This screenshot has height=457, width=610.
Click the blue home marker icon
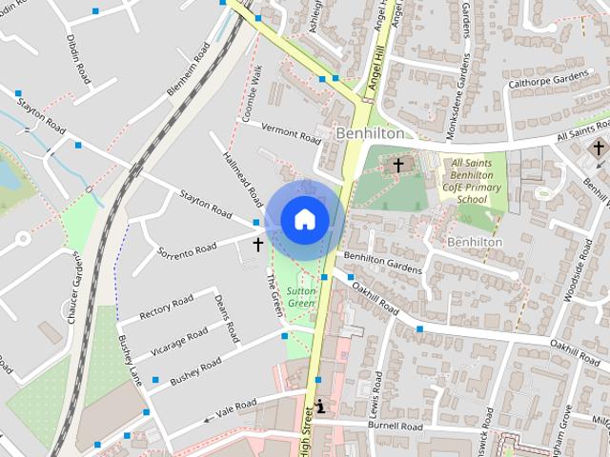pos(304,219)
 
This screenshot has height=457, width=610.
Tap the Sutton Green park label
pos(301,295)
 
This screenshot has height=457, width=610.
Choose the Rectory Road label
pos(166,307)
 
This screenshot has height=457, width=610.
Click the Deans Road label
pos(226,318)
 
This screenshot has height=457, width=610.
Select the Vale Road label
pos(237,407)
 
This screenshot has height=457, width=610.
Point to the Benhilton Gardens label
pos(382,263)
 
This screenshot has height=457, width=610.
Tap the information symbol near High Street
pos(320,407)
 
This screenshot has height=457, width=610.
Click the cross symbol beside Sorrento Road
pos(257,245)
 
